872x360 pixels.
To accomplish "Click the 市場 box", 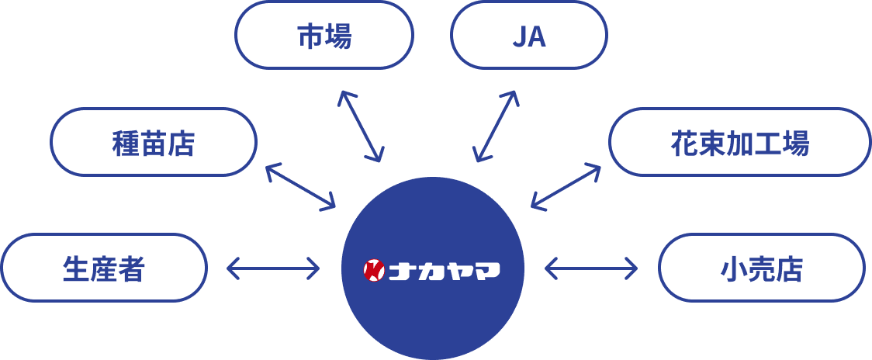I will tap(324, 36).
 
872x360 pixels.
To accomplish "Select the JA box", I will tap(528, 36).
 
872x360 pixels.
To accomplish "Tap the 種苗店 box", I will tap(153, 142).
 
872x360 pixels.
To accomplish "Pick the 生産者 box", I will tap(104, 268).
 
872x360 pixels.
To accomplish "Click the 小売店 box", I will tap(761, 268).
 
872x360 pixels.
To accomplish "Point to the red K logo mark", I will tap(374, 269).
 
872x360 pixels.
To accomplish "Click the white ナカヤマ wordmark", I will tap(444, 270).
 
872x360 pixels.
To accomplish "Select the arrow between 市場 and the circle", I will tap(360, 126).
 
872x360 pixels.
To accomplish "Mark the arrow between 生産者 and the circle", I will tap(272, 269).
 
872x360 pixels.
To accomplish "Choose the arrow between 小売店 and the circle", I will tap(591, 269).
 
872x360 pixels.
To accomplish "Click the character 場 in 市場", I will tap(338, 36).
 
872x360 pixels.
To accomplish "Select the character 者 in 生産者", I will tap(132, 268).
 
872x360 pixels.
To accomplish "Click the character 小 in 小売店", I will tap(733, 268).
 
